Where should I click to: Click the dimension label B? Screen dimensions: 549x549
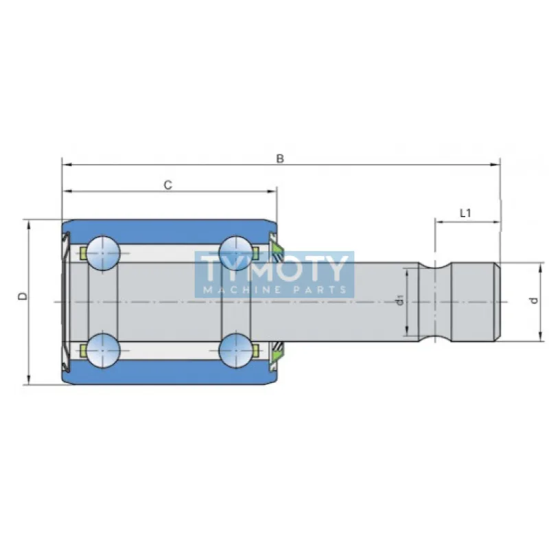(x=280, y=159)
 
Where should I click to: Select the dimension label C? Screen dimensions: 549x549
(x=168, y=185)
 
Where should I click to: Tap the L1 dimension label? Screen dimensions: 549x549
(x=465, y=213)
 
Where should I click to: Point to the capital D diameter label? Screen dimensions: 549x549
(x=23, y=296)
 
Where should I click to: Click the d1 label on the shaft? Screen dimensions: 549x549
(x=401, y=300)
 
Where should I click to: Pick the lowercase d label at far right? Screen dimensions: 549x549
(x=534, y=301)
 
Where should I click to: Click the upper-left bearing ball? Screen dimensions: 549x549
(x=102, y=253)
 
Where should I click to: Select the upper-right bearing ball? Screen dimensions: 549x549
(x=236, y=253)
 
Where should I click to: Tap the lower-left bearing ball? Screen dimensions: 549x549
(x=102, y=350)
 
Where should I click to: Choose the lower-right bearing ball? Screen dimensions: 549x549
(x=236, y=350)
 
